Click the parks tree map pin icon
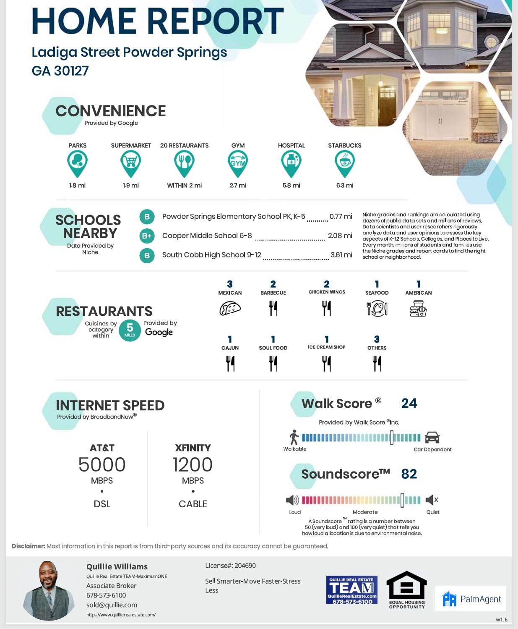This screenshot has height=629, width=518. pos(78,163)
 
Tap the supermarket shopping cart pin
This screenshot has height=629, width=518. pos(131,163)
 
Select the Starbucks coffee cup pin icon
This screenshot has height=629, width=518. pos(345,163)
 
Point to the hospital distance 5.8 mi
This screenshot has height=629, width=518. pos(291,185)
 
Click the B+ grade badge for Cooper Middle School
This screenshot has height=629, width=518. pos(147,236)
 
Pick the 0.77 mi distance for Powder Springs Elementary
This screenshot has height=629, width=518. pos(341,217)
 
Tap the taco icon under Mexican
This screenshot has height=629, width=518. pos(230,309)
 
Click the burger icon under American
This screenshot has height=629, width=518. pos(418,309)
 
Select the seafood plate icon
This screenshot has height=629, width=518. pos(377,309)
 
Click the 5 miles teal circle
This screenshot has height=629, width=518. pos(130,330)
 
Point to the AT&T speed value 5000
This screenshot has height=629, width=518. pos(102,465)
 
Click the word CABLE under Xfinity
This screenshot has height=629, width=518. pos(193,504)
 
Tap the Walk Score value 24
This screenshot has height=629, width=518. pos(409,404)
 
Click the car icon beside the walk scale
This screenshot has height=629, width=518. pos(432,438)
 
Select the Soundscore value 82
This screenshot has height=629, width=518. pos(409,474)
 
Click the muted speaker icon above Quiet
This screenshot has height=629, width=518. pos(432,500)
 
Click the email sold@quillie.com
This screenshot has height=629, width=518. pos(112,605)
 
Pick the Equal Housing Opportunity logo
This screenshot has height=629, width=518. pos(406,590)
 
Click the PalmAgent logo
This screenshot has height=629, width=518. pos(471,599)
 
